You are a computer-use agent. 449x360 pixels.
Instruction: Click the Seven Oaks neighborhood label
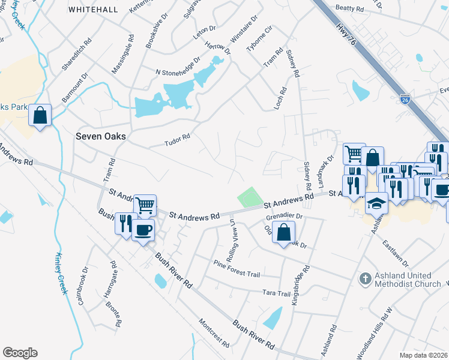pos(101,136)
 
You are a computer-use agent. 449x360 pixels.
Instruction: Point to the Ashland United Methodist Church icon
pos(364,278)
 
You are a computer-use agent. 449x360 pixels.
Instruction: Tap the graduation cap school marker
pos(377,203)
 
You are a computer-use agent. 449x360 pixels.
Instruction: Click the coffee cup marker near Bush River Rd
pos(143,230)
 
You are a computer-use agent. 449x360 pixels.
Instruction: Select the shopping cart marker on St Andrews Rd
pos(145,206)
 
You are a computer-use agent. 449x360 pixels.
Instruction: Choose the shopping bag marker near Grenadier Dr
pos(283,232)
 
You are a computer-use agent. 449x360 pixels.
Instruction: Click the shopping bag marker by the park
pos(40,115)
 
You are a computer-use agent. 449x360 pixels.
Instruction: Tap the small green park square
pos(250,197)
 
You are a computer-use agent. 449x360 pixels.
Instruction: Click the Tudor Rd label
pos(177,140)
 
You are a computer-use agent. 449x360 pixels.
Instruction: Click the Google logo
pos(20,353)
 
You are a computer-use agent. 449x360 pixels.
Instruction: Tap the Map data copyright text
pos(424,355)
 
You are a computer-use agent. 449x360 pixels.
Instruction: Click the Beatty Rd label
pos(350,9)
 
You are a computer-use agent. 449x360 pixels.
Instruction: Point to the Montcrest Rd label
pos(214,333)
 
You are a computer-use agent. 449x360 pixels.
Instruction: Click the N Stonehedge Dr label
pos(178,68)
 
